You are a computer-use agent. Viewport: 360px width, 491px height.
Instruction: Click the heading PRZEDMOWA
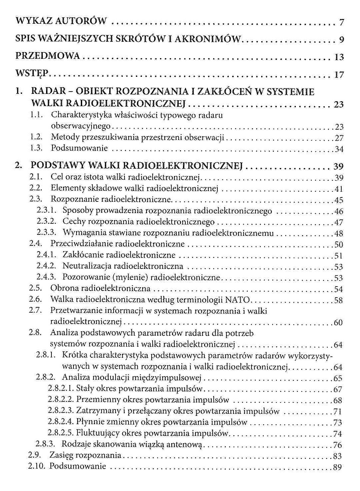pos(48,56)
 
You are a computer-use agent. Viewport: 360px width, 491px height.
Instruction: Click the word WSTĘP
pos(32,73)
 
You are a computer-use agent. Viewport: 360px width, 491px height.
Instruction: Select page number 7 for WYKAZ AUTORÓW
pos(341,23)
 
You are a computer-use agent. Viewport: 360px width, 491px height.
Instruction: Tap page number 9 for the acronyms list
pos(341,40)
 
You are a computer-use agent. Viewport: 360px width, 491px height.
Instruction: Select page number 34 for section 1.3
pos(339,149)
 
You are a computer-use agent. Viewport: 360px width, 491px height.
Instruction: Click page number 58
pos(338,300)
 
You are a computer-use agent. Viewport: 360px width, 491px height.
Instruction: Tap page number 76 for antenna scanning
pos(338,445)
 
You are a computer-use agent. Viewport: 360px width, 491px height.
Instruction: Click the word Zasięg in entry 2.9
pos(61,455)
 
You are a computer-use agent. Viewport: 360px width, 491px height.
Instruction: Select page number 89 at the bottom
pos(338,467)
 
